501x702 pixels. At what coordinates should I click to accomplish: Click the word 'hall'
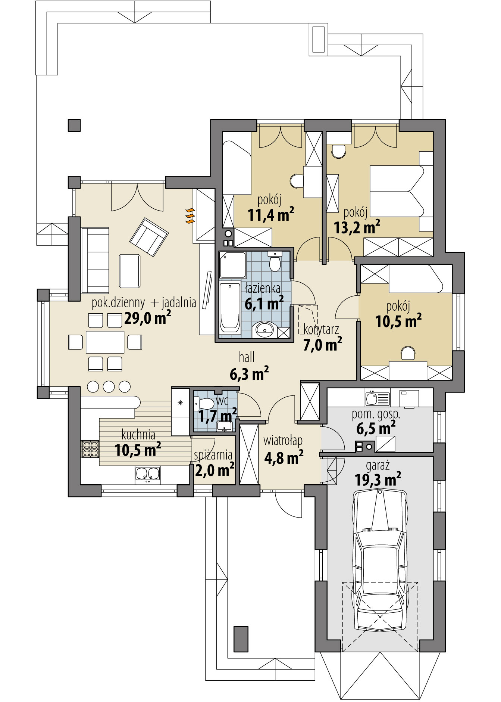click(247, 357)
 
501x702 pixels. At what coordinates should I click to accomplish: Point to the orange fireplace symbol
click(190, 216)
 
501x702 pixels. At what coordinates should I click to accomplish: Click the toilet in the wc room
click(206, 404)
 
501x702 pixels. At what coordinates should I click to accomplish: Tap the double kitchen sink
click(148, 474)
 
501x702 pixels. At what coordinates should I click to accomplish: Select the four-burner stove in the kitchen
click(90, 449)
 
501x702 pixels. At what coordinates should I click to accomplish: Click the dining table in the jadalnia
click(105, 342)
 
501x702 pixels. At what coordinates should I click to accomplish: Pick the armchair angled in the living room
click(148, 237)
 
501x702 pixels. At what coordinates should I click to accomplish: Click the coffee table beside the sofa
click(129, 271)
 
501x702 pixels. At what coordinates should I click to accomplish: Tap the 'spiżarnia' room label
click(213, 455)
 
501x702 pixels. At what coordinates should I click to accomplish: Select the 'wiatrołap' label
click(283, 441)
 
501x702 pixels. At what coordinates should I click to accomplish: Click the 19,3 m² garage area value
click(378, 479)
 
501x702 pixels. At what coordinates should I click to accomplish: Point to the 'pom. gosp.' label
click(376, 414)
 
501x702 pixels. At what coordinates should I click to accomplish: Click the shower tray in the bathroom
click(232, 264)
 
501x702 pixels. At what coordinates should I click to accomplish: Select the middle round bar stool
click(109, 386)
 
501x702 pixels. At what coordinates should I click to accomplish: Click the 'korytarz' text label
click(321, 330)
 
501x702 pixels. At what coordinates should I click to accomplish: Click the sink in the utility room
click(372, 398)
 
